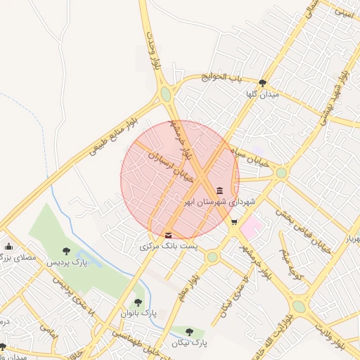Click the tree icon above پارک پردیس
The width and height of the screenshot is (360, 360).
(x=66, y=250)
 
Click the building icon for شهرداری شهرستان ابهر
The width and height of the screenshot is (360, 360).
(x=220, y=191)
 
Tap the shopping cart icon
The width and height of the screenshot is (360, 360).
(x=234, y=222)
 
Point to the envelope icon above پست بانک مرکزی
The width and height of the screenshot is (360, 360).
(x=167, y=235)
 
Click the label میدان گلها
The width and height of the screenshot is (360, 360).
(x=262, y=94)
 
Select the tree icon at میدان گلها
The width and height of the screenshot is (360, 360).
(x=262, y=82)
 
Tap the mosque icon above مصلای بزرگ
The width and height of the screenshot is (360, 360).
(x=8, y=247)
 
